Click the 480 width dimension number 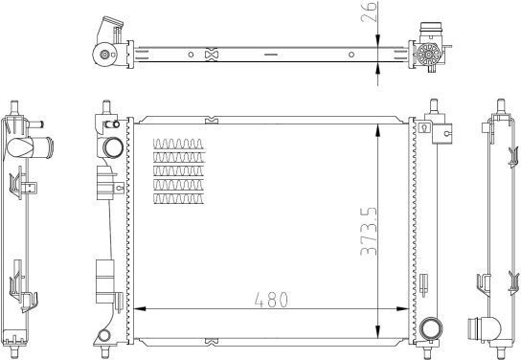point(271,300)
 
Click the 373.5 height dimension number point(369,232)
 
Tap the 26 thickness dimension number point(369,11)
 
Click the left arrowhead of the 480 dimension point(140,309)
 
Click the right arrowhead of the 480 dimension point(402,309)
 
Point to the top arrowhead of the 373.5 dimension point(377,130)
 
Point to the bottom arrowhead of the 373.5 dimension point(377,332)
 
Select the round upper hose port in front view point(113,147)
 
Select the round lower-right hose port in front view point(431,328)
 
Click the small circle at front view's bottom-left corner point(104,335)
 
